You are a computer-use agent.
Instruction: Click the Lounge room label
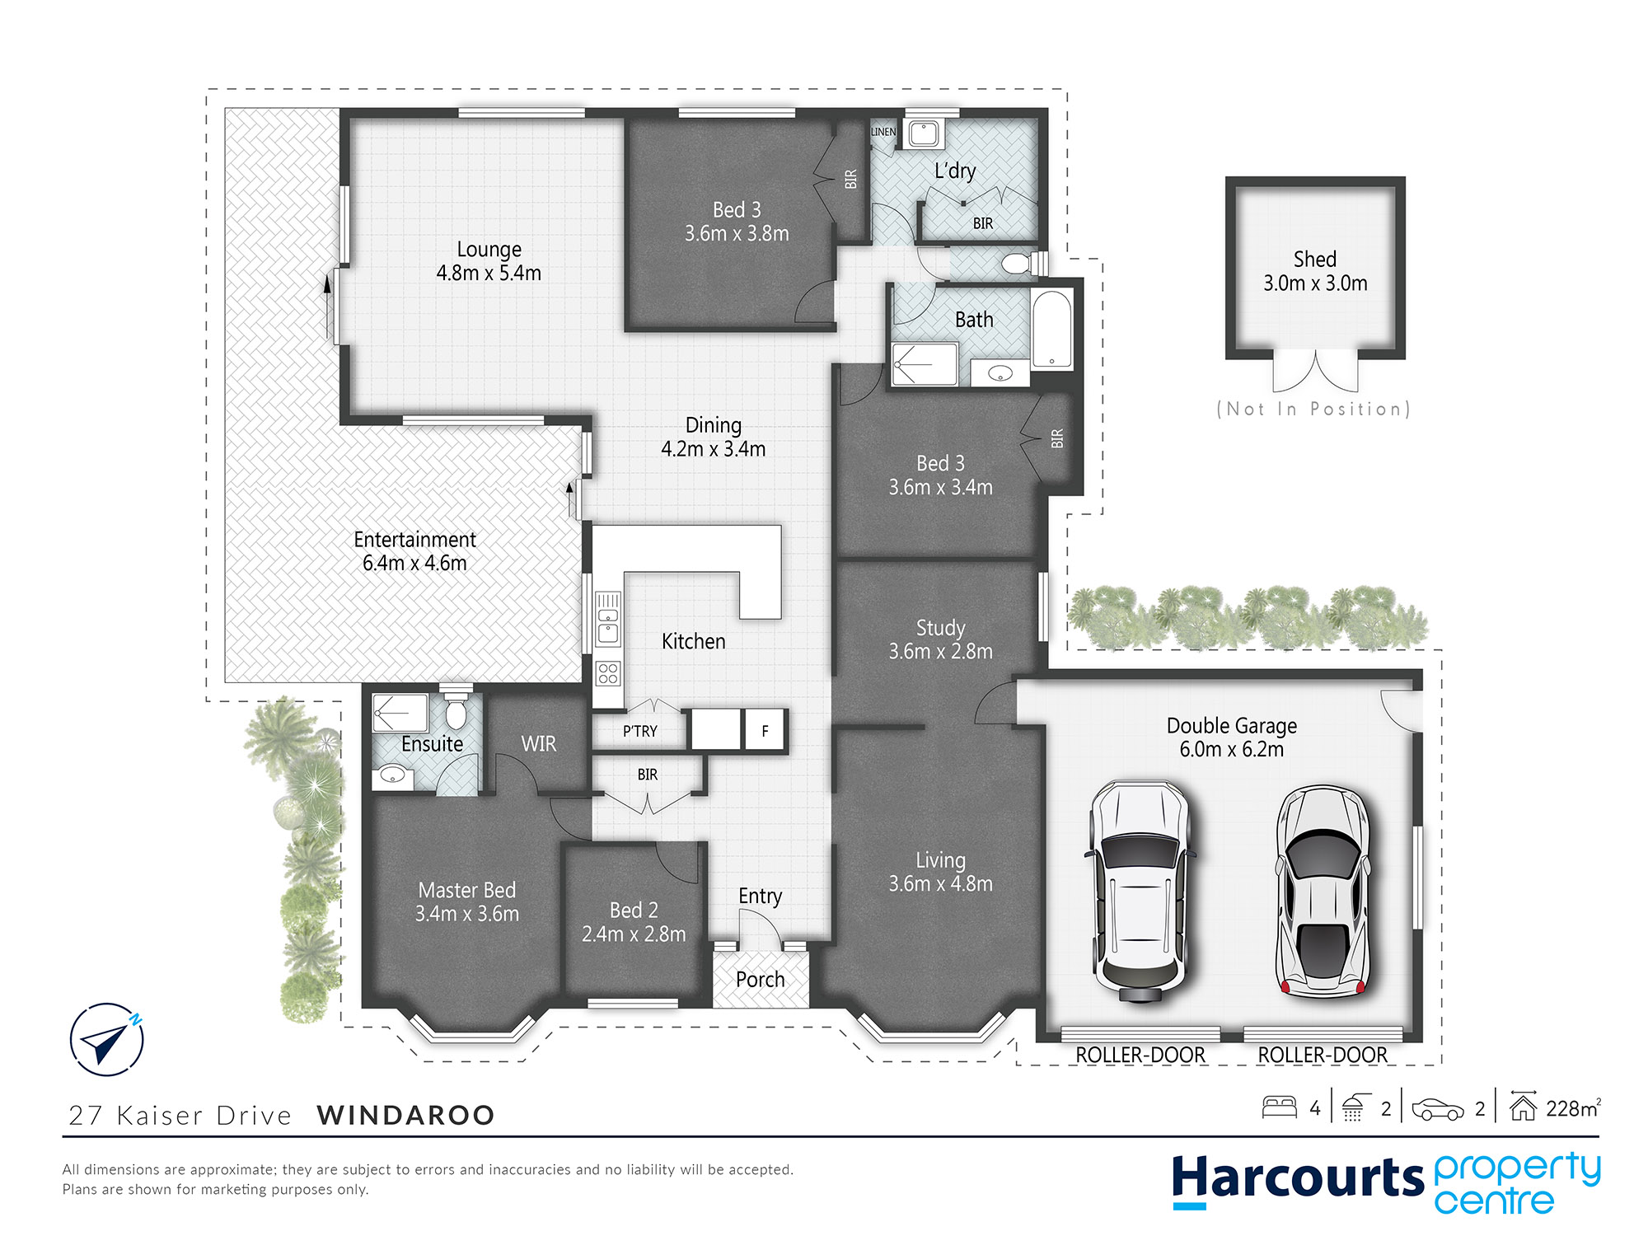coord(489,250)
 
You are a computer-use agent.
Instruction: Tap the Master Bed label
coord(466,890)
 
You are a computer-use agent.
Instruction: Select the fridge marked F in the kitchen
coord(765,730)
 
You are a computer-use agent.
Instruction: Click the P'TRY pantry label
coord(639,731)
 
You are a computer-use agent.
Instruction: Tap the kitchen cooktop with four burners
coord(608,673)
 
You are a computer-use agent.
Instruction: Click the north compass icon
coord(107,1039)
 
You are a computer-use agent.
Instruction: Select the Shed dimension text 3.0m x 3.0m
coord(1315,283)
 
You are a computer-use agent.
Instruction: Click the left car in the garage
coord(1140,891)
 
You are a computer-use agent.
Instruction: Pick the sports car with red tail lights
coord(1323,891)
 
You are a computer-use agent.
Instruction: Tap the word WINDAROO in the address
coord(405,1115)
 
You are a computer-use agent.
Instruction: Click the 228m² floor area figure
coord(1573,1108)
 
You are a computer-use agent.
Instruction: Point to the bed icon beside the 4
coord(1280,1107)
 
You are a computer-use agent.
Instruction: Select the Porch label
coord(760,979)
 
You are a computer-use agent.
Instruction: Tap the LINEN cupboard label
coord(883,132)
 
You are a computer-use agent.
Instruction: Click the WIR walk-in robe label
coord(538,744)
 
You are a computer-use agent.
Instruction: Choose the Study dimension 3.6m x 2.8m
coord(940,651)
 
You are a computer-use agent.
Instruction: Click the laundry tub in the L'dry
coord(924,133)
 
